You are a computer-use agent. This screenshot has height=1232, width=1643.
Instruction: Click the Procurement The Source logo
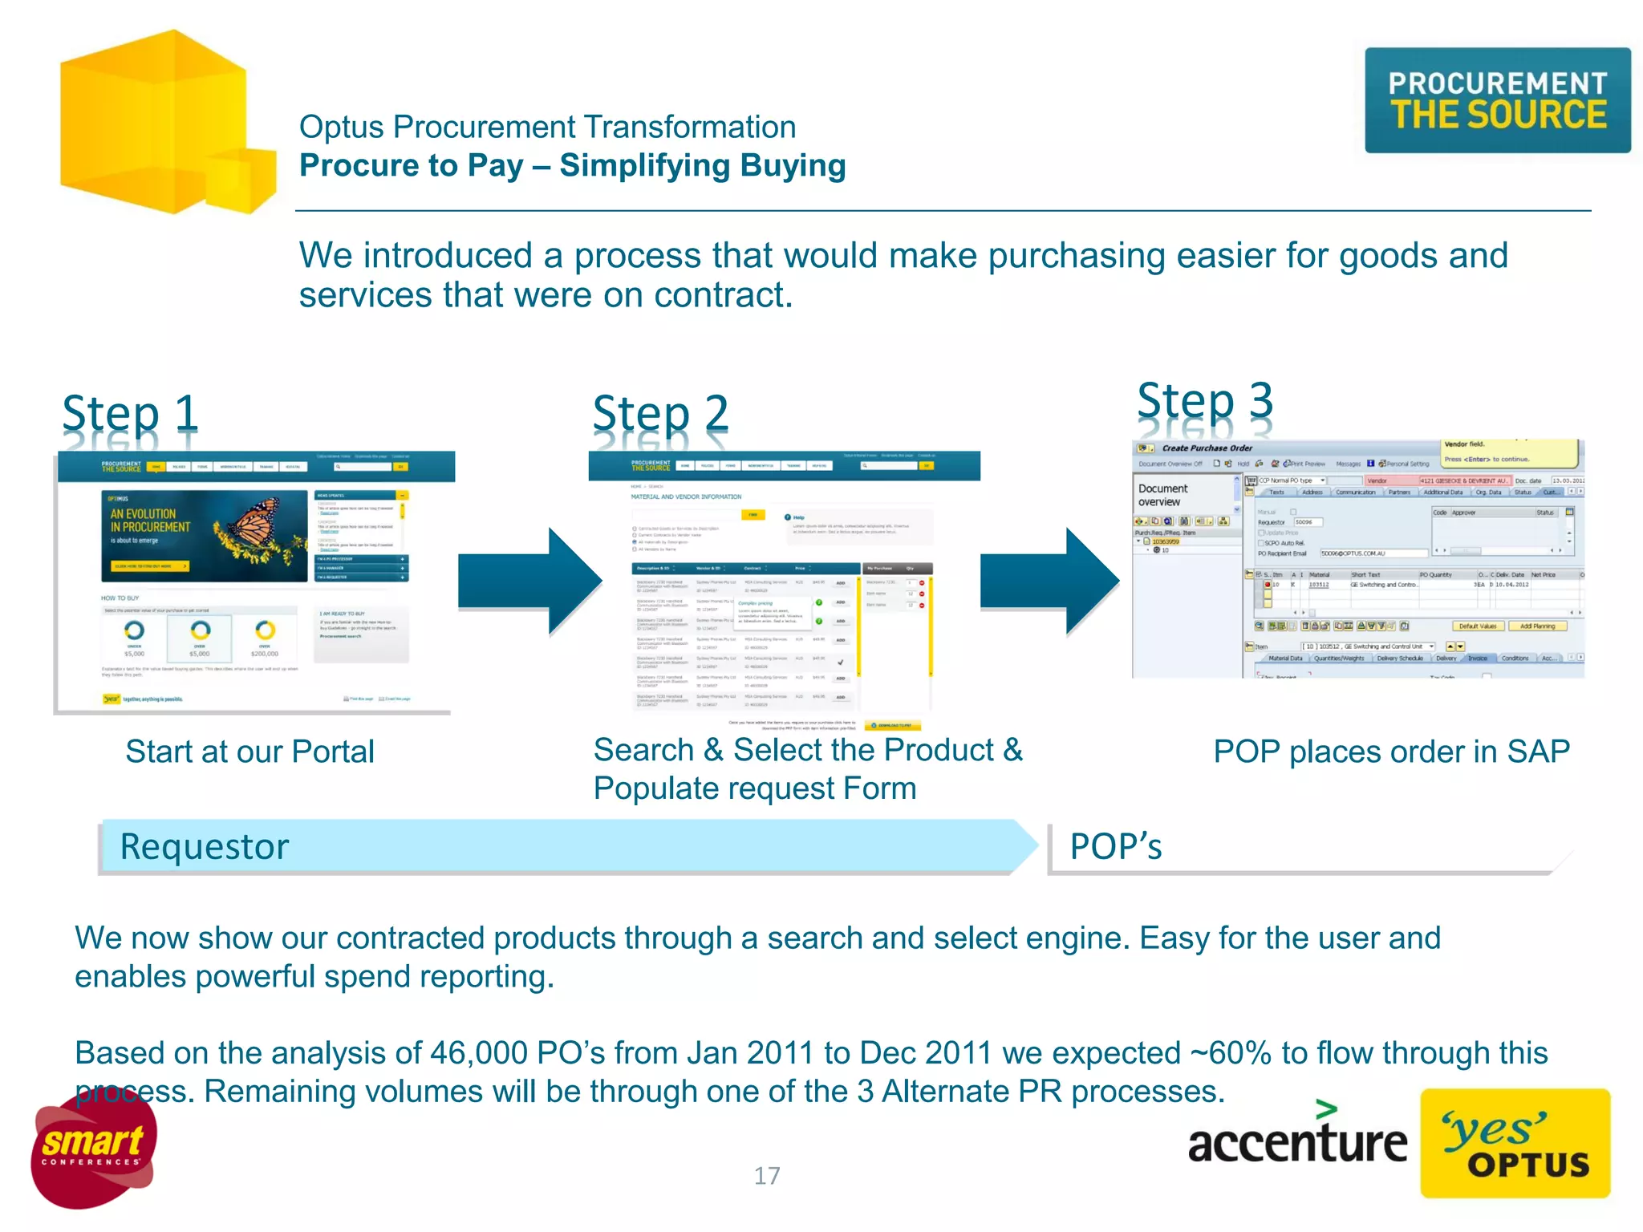pos(1497,100)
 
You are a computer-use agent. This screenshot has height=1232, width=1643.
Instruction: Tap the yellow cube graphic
pos(160,124)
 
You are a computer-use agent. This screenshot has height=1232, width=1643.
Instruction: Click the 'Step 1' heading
pos(130,415)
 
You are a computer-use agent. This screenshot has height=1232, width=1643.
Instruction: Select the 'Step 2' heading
pos(660,415)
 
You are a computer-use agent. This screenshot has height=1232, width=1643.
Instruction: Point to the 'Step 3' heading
pos(1205,401)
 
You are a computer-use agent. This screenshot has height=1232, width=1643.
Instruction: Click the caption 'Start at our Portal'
pos(249,752)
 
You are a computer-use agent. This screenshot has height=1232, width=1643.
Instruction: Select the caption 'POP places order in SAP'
pos(1391,752)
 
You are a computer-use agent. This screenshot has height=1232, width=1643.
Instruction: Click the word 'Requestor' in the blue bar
pos(204,847)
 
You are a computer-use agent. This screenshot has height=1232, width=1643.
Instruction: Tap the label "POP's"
pos(1115,847)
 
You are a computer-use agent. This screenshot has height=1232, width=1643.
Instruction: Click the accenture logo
pos(1296,1139)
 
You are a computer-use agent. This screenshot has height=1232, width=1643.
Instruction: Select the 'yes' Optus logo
pos(1515,1144)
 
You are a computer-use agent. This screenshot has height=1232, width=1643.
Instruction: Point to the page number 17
pos(766,1176)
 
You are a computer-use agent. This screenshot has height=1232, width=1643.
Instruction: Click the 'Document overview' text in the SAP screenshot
pos(1162,495)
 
